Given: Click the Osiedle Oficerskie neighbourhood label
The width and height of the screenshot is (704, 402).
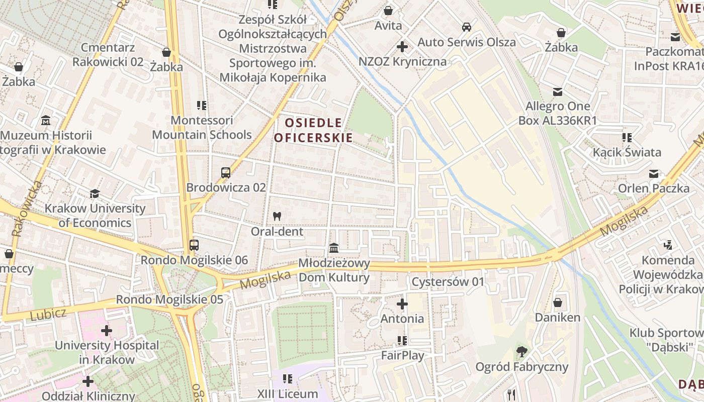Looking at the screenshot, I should click(x=313, y=130).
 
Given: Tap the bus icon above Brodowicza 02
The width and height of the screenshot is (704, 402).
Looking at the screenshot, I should click(x=226, y=173).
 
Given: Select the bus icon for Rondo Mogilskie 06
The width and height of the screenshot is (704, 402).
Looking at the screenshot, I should click(x=194, y=245).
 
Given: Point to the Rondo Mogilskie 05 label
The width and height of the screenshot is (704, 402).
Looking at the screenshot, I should click(x=169, y=299).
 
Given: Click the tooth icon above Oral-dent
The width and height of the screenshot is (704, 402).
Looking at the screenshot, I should click(x=277, y=217).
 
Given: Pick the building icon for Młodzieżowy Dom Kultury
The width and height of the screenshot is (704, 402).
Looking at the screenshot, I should click(x=334, y=248).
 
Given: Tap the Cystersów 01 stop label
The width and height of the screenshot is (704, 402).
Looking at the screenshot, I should click(x=448, y=282).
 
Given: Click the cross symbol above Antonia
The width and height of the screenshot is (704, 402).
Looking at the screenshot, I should click(x=402, y=304).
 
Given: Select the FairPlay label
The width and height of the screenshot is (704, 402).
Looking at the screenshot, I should click(x=402, y=355).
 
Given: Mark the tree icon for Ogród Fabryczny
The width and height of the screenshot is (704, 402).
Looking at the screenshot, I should click(x=521, y=352).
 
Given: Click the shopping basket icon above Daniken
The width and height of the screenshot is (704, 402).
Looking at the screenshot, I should click(x=557, y=303).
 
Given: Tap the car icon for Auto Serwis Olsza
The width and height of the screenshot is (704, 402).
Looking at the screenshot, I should click(x=467, y=27).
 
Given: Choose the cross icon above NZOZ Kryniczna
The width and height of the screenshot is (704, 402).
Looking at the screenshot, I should click(x=402, y=47).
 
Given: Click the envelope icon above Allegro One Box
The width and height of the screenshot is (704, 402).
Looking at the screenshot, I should click(x=557, y=92).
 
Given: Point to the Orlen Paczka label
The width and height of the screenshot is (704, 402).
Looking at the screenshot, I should click(x=653, y=188).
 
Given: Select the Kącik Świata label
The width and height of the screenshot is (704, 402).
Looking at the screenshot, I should click(x=627, y=152).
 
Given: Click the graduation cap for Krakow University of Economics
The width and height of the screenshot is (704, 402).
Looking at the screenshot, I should click(x=95, y=194).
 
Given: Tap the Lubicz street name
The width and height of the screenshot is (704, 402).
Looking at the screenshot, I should click(x=48, y=315).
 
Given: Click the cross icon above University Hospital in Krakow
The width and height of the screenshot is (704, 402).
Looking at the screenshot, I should click(x=107, y=331).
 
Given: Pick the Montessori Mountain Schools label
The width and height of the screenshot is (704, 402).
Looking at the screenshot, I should click(x=202, y=128).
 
